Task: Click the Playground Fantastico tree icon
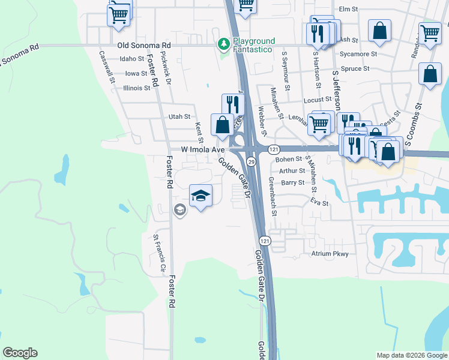coord(224,44)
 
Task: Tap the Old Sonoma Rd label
coord(144,45)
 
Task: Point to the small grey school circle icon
coord(179,209)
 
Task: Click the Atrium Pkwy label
coord(330,254)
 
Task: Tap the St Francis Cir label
coord(158,254)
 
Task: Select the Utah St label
coord(179,116)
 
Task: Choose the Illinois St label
coord(136,88)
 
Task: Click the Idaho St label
coord(132,59)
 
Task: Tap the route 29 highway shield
coord(252,162)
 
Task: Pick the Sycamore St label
coord(358,54)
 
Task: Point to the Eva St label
coord(320,203)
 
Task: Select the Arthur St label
coord(292,171)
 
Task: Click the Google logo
coord(20,353)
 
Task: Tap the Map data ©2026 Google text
coord(411,355)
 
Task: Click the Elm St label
coord(348,9)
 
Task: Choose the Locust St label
coord(318,100)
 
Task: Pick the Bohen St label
coord(288,160)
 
